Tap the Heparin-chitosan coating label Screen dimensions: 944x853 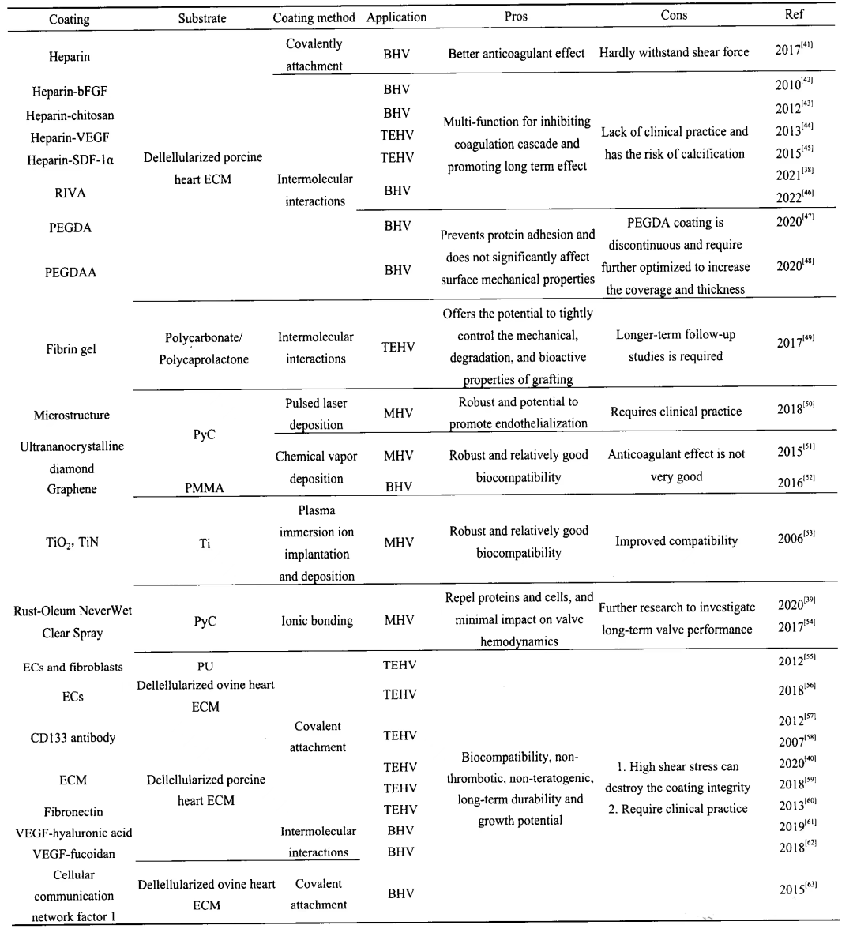point(70,115)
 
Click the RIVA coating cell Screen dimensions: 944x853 point(71,193)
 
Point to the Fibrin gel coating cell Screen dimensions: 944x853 point(71,349)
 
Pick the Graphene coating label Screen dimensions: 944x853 point(72,489)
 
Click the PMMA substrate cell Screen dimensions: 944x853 point(204,488)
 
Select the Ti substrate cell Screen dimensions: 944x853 point(205,543)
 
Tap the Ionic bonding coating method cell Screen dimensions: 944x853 point(317,621)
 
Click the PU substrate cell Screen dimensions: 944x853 point(205,666)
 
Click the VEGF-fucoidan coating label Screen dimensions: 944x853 point(72,853)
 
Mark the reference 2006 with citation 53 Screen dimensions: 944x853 point(795,538)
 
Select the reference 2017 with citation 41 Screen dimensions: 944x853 point(794,49)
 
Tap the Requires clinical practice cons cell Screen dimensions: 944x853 point(676,412)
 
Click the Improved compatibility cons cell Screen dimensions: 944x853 point(676,541)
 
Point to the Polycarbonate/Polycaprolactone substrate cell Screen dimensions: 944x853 point(205,348)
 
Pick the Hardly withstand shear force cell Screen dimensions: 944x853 point(674,53)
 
